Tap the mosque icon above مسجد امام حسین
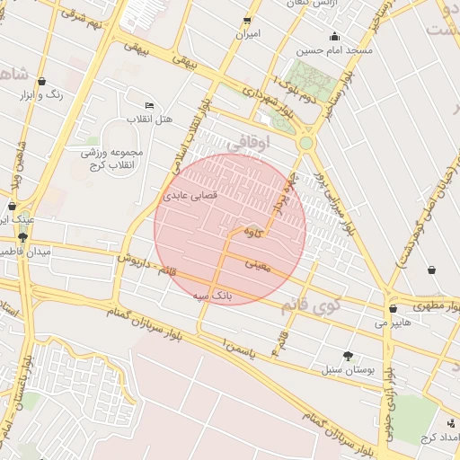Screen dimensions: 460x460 point(335,37)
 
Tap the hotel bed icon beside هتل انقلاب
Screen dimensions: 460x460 point(149,106)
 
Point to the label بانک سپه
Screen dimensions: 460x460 point(214,294)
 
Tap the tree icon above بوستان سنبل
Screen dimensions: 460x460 point(348,356)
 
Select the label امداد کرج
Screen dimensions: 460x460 point(439,437)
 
